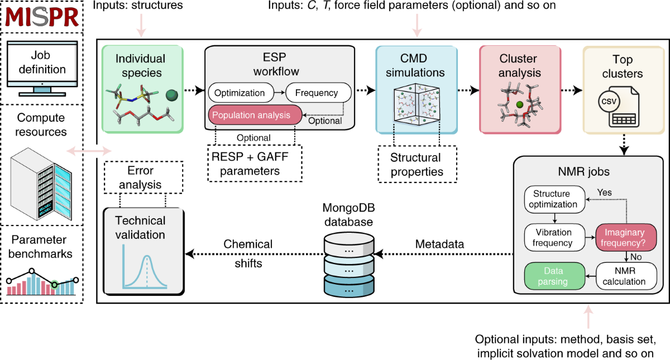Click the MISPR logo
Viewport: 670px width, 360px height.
click(42, 18)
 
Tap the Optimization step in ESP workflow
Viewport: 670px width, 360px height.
click(241, 92)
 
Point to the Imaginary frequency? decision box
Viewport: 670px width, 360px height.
click(625, 238)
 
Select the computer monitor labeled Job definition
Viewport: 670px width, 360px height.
click(42, 65)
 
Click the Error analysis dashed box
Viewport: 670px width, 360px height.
click(142, 177)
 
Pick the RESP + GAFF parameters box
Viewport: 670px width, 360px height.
click(255, 163)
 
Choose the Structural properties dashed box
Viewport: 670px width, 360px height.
click(416, 164)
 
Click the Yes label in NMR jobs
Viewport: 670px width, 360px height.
click(604, 193)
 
